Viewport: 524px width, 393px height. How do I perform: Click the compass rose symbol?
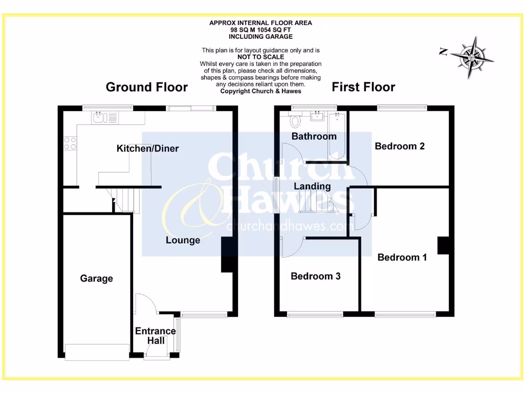click(471, 57)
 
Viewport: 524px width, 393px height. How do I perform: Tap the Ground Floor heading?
click(146, 87)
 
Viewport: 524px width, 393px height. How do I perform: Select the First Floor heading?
click(363, 87)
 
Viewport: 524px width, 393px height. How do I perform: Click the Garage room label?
click(96, 278)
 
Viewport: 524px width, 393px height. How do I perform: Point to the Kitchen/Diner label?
click(148, 148)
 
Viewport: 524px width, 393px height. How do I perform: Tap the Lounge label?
click(183, 240)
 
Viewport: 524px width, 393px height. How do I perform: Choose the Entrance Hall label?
click(155, 336)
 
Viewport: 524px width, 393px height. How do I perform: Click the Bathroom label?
click(314, 136)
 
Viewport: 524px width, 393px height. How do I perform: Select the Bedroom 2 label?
click(400, 146)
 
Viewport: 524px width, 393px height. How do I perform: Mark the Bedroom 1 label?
click(402, 257)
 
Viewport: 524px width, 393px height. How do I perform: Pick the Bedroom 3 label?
click(316, 276)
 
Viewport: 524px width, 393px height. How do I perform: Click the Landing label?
click(312, 186)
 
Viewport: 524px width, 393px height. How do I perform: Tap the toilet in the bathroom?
click(295, 121)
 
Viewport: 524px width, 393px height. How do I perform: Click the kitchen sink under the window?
click(98, 118)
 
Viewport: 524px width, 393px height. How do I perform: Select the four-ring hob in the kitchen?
click(70, 143)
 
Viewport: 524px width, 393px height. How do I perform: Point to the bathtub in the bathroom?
click(337, 134)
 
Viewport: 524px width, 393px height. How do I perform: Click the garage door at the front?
click(97, 352)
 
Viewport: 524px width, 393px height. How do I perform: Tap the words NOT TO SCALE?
click(261, 57)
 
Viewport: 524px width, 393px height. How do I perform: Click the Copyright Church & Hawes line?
click(261, 91)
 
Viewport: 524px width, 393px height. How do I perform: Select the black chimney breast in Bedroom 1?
click(443, 246)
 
